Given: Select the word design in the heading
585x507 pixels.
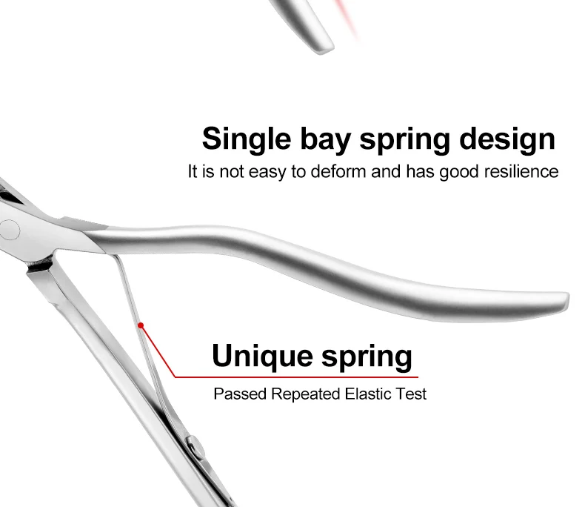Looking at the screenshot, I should (507, 139).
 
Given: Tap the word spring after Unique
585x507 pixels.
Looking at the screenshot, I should (366, 357).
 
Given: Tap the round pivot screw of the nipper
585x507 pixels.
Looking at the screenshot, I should (10, 229).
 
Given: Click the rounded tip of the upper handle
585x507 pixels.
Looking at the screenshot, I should (561, 301).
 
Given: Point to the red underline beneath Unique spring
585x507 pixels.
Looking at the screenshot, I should (296, 377).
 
